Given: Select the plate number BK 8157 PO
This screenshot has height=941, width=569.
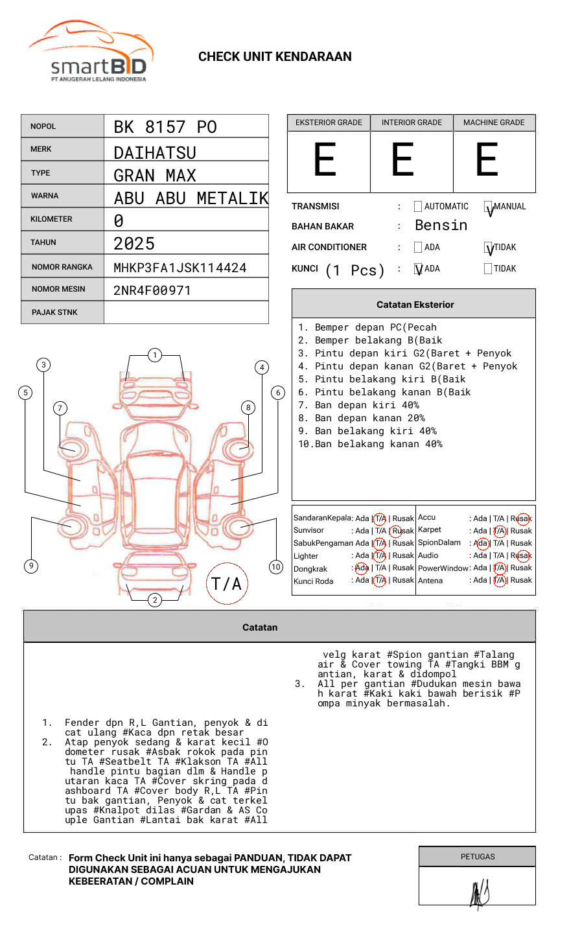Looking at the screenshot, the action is coord(165,127).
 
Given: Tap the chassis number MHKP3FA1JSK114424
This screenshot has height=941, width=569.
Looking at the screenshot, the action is coord(180,268).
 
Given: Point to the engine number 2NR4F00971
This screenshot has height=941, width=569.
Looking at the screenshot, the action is coord(152,290).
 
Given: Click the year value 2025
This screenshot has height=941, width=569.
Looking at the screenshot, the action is coord(134,244).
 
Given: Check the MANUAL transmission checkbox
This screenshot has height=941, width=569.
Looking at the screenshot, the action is coord(488,207).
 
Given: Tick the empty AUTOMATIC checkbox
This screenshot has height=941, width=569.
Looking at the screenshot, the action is coord(418,206).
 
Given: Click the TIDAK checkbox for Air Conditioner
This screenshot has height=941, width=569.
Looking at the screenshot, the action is coord(488,248).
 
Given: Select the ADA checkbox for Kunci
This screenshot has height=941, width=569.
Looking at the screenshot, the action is coord(418,269).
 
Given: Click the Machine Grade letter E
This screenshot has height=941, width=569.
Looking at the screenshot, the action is coord(487,159).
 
